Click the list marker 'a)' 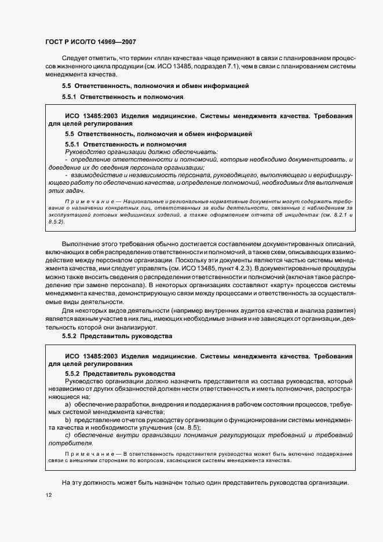click(68, 404)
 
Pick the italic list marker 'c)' click(68, 435)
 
